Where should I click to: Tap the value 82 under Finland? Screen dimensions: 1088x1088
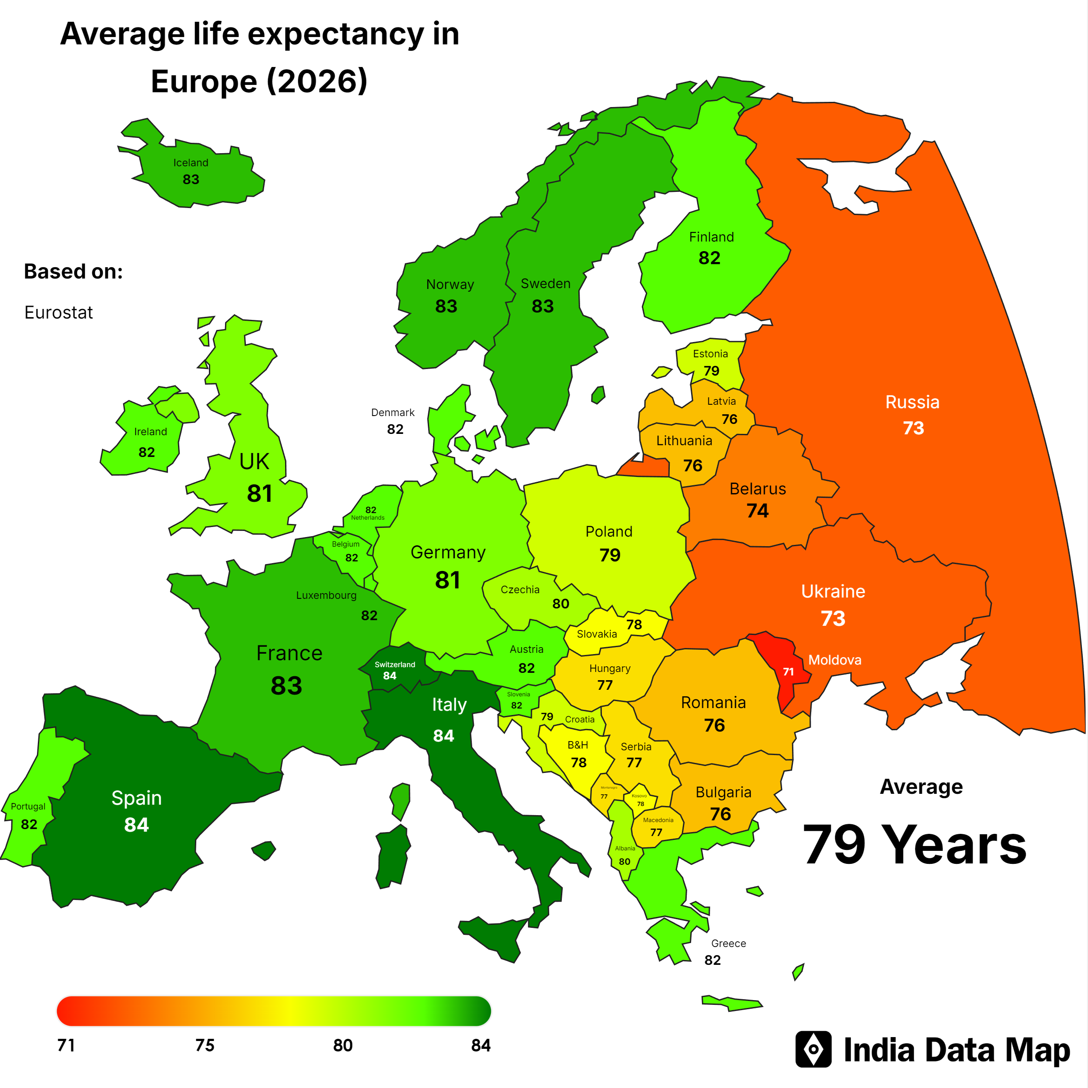coord(709,258)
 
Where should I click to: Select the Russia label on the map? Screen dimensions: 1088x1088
coord(912,402)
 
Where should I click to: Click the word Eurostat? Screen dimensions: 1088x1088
coord(59,312)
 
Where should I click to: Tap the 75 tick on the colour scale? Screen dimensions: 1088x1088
coord(205,1046)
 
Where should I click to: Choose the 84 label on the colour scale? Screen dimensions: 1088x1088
coord(480,1046)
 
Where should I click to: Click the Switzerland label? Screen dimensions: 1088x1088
coord(395,665)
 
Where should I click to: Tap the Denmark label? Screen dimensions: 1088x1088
coord(393,413)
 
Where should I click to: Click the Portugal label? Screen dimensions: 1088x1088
coord(28,806)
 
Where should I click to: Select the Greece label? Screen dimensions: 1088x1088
coord(728,943)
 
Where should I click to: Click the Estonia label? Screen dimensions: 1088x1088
coord(710,354)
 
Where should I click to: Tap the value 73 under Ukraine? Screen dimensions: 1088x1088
coord(833,618)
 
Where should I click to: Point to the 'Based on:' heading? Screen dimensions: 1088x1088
coord(73,272)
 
